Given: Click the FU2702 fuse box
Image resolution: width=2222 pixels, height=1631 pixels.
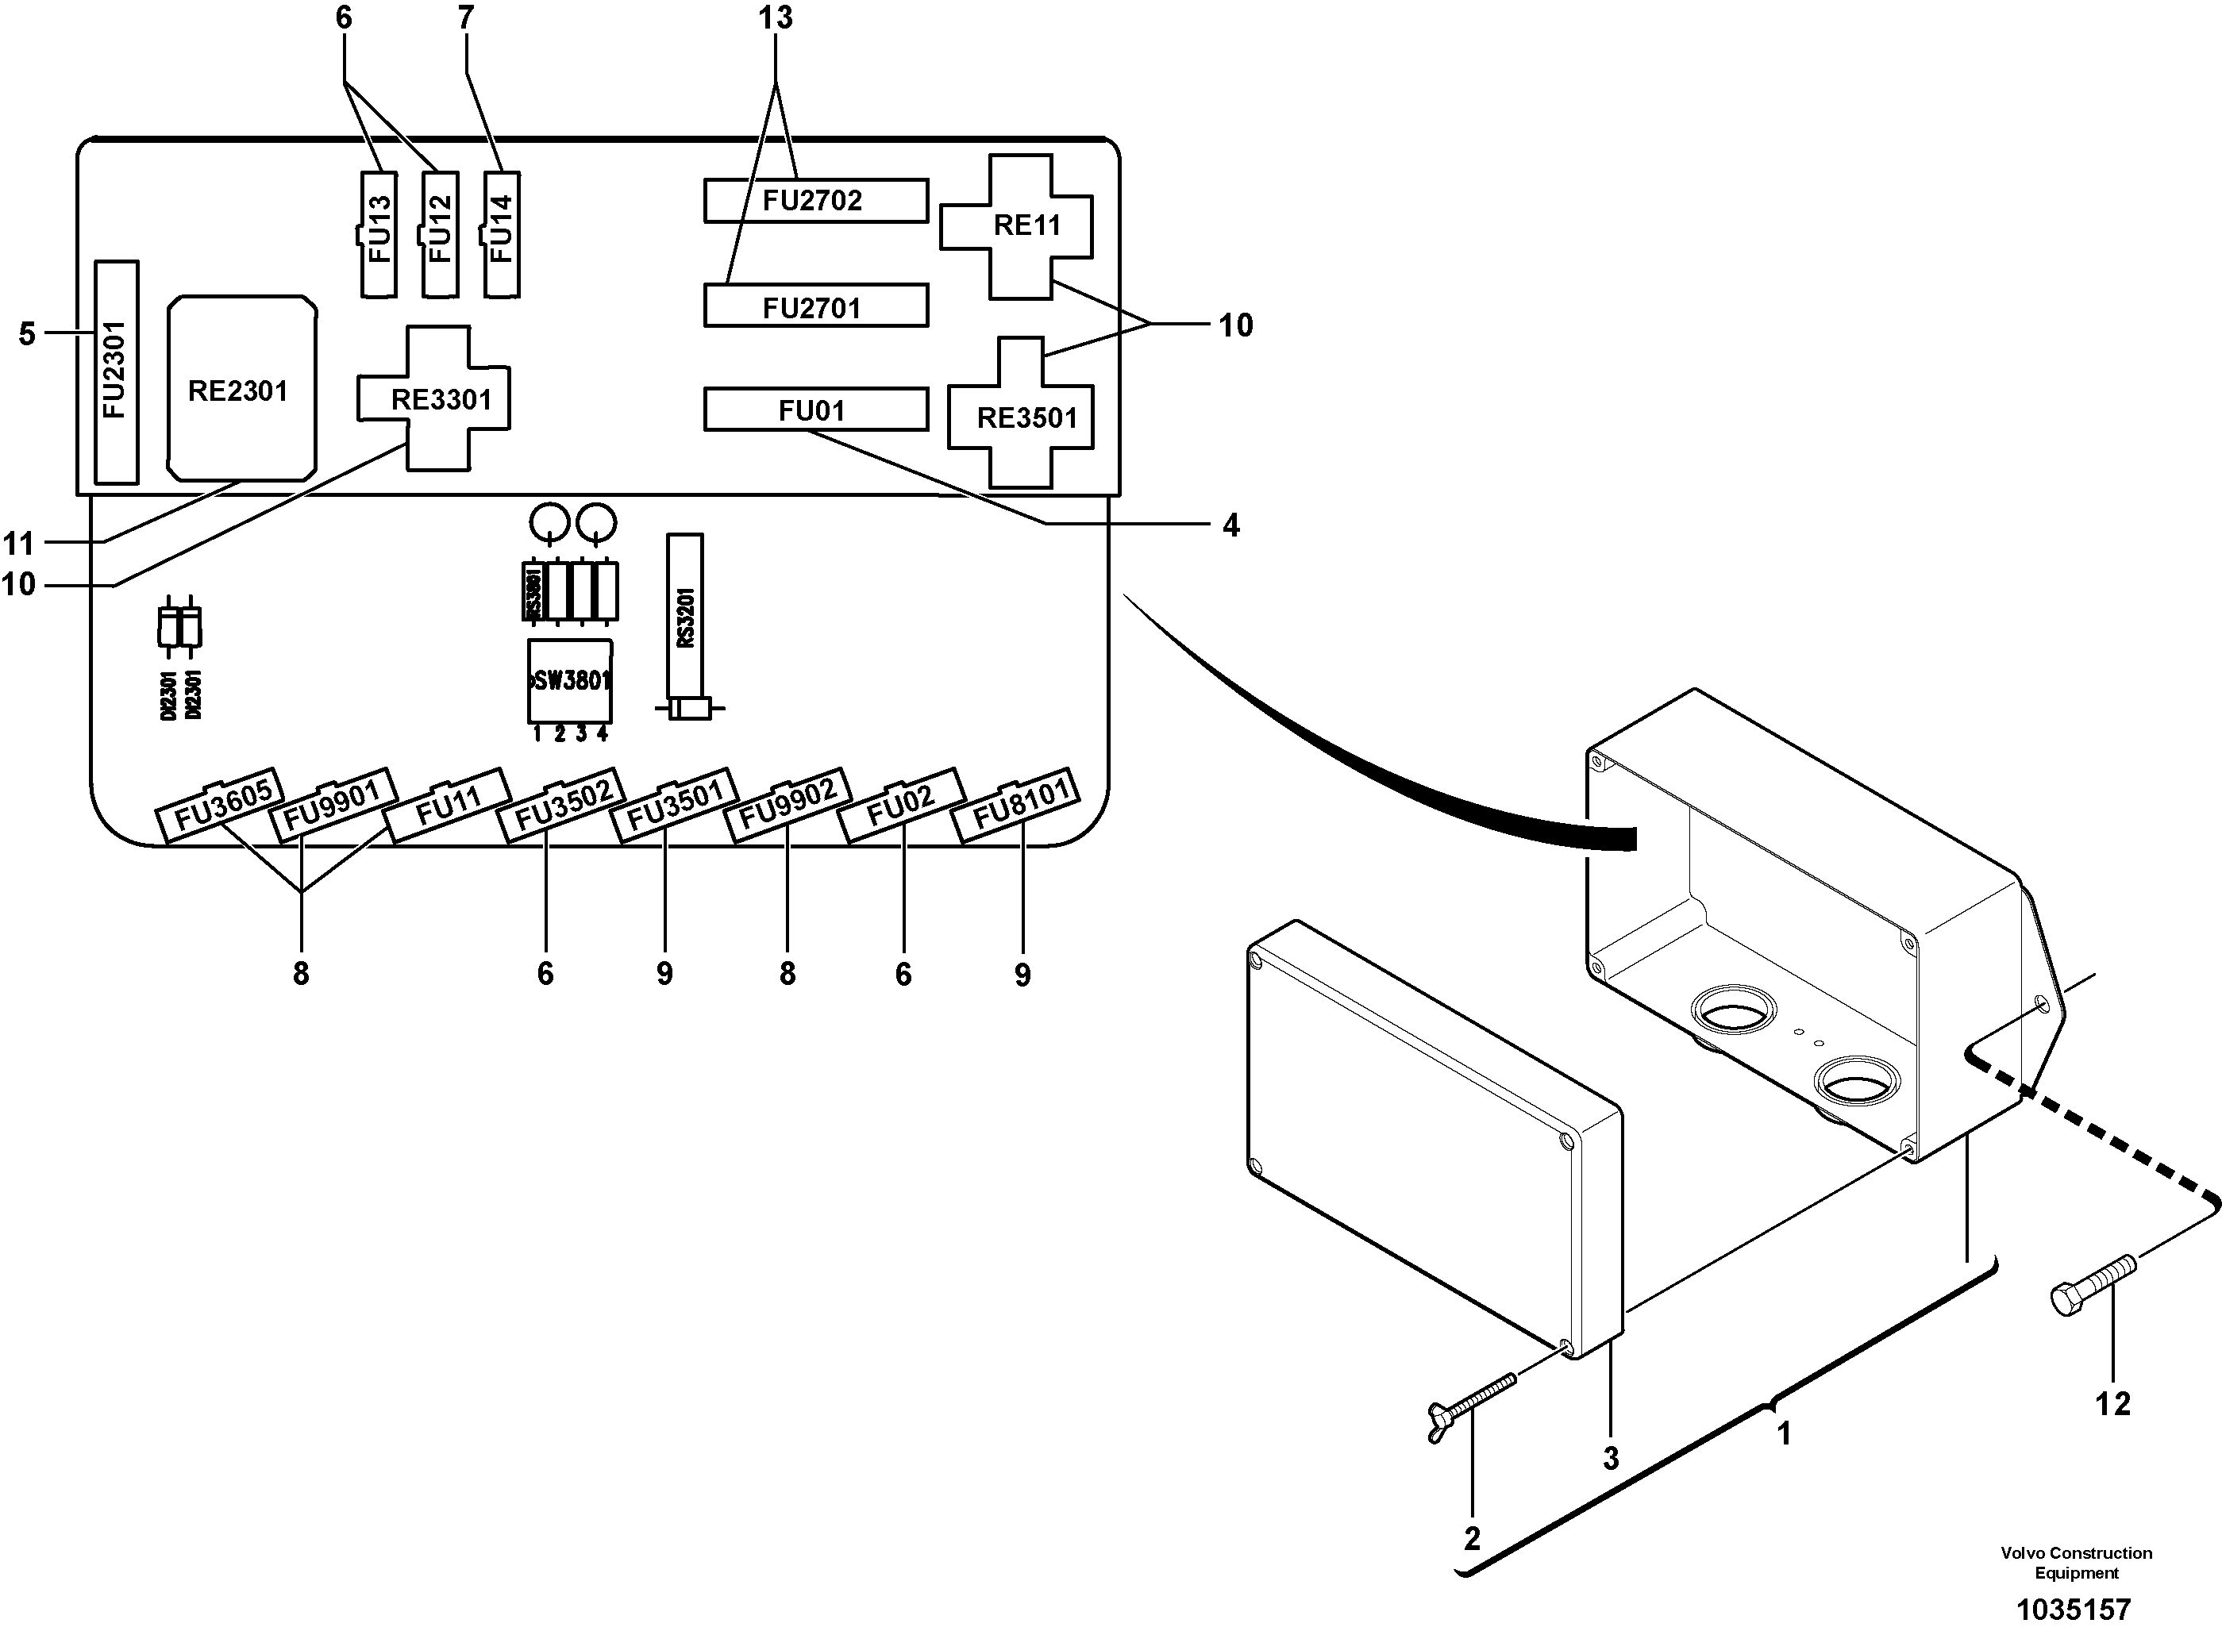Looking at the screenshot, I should [x=814, y=201].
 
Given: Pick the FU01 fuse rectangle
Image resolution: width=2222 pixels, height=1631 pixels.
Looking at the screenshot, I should [x=814, y=410].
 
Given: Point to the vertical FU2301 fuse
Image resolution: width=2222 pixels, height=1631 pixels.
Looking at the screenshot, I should [x=116, y=372].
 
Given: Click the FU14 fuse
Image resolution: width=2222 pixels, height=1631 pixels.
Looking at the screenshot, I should [x=502, y=234].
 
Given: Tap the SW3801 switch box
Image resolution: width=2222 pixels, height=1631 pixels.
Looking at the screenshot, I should [x=570, y=681].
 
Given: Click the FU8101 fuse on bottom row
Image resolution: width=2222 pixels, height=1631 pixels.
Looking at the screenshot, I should [x=1015, y=805].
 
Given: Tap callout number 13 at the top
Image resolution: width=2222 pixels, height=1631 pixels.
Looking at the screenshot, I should [x=776, y=17].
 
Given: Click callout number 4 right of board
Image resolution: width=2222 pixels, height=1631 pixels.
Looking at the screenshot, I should [x=1230, y=525].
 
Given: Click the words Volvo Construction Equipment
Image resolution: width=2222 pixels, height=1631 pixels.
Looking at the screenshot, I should [x=2076, y=1563].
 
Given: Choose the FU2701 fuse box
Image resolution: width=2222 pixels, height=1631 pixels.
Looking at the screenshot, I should [x=814, y=307].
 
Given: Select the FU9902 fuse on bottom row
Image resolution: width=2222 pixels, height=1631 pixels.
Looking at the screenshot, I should [x=787, y=805].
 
